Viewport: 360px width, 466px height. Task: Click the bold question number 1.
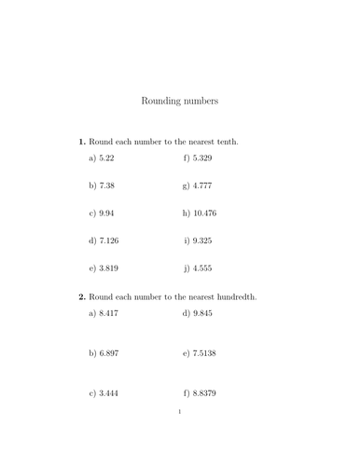click(x=82, y=142)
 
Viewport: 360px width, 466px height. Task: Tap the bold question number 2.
click(x=82, y=297)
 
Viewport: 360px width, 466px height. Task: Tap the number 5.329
click(x=204, y=159)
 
